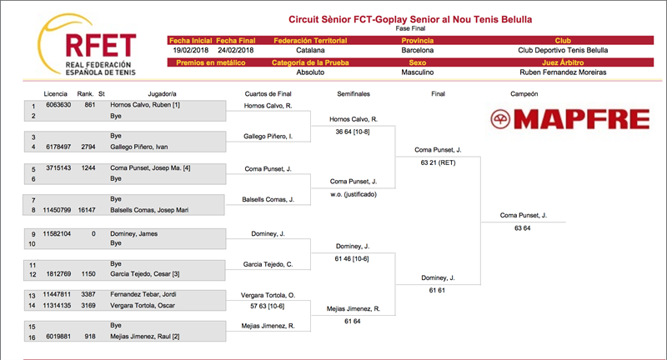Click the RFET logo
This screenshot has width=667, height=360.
point(88,45)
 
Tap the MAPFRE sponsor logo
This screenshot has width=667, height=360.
point(570,119)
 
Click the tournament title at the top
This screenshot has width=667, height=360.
point(410,19)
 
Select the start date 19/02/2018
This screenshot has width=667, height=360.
point(191,50)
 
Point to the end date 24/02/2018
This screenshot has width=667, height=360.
point(236,50)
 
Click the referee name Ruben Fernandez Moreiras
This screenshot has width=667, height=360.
point(563,72)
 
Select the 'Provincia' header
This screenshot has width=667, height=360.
point(418,40)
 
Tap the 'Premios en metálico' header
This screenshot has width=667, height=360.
point(211,62)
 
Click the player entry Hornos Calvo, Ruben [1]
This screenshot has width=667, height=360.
point(145,104)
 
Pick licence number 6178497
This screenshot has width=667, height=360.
point(58,147)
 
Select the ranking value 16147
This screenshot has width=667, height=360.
point(87,210)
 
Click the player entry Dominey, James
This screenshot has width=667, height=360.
point(134,234)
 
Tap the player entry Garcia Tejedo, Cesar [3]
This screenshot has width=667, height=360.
point(144,274)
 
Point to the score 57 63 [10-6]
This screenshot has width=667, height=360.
point(267,306)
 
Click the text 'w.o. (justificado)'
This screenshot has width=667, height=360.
point(354,194)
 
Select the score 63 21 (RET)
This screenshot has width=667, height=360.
point(439,162)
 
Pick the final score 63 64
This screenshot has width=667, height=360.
point(523,228)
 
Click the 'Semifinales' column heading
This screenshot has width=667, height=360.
point(354,94)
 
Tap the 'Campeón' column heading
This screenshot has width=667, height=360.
point(524,94)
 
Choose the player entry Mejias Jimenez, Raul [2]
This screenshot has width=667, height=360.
point(144,337)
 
